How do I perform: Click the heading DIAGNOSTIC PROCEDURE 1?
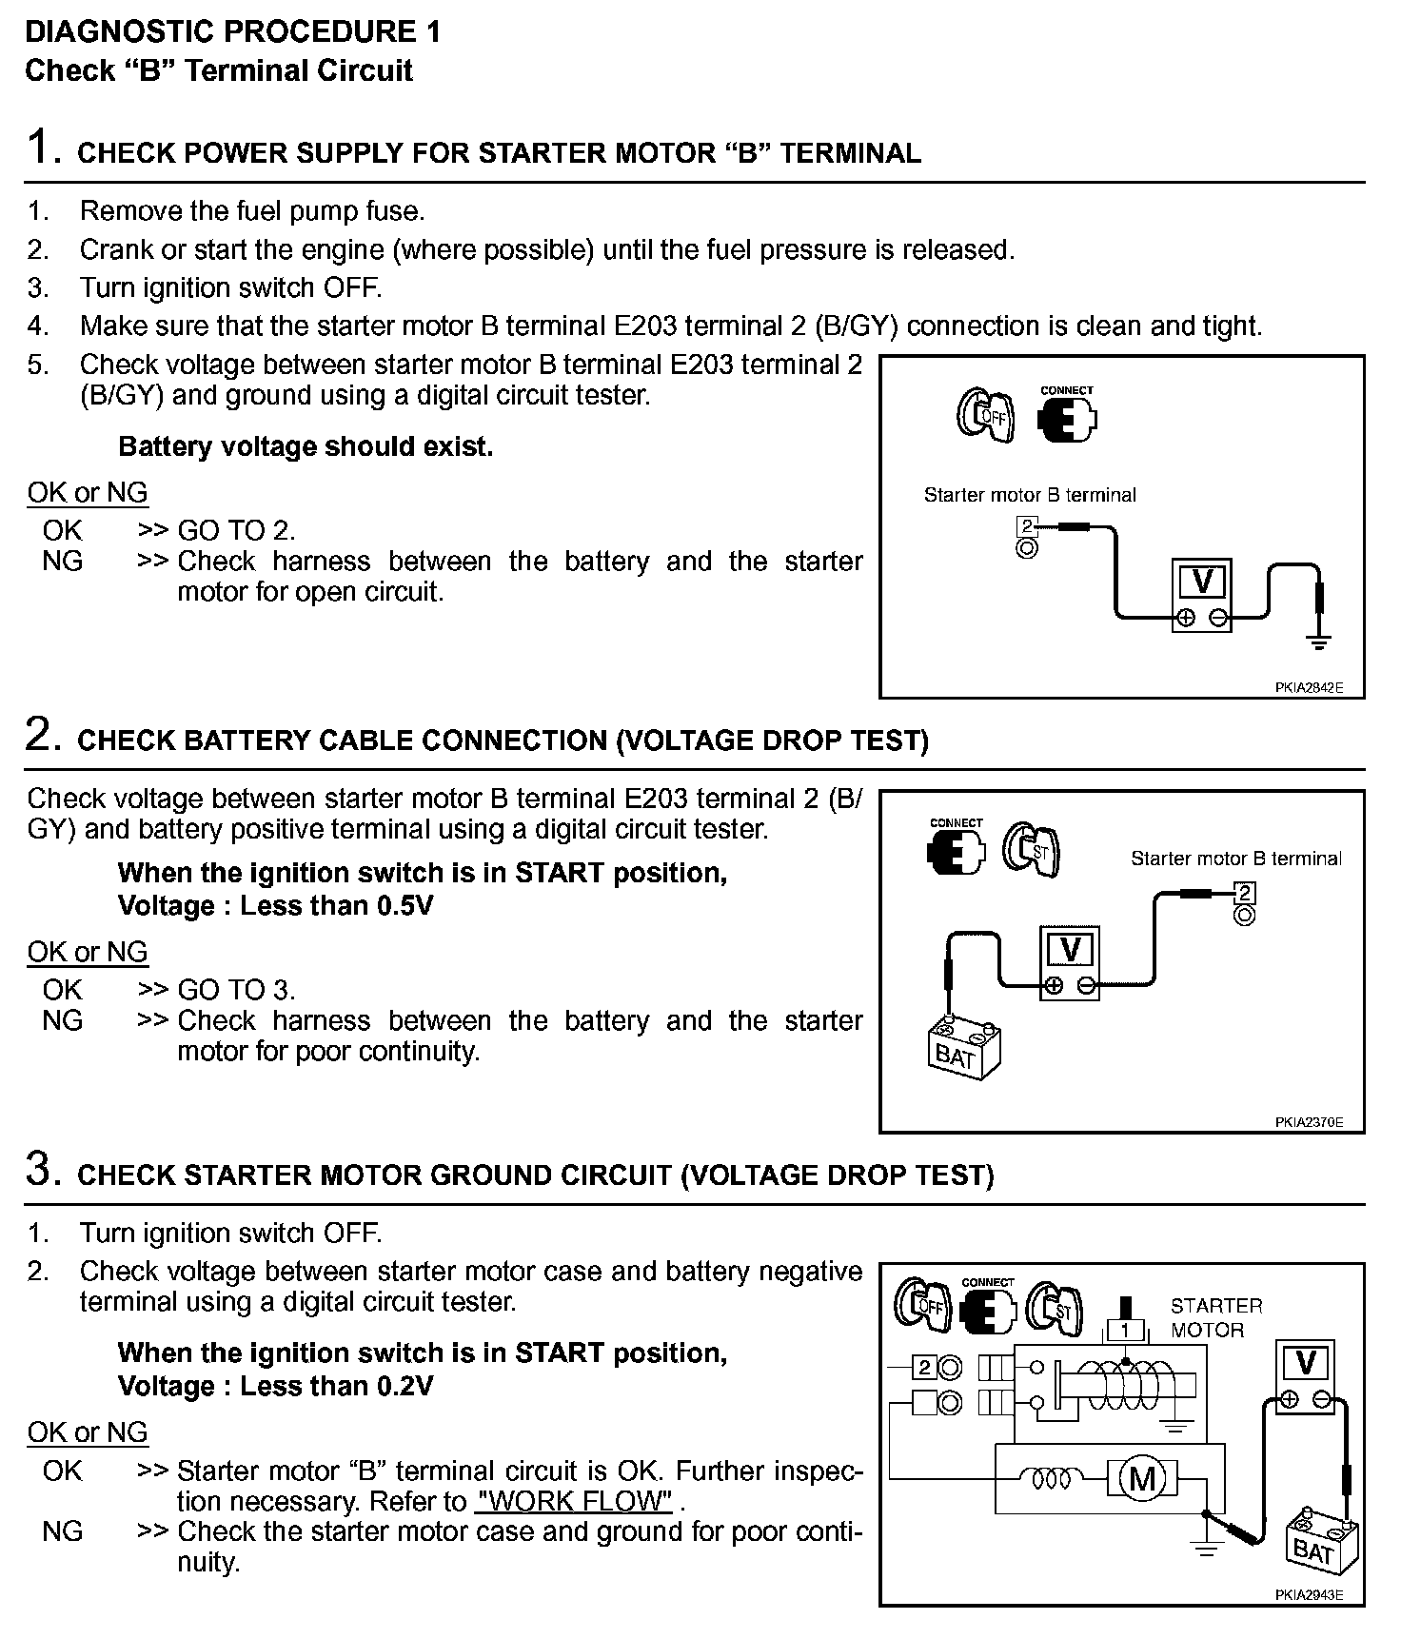232,31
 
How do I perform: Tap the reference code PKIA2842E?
1309,687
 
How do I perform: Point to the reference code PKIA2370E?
1309,1122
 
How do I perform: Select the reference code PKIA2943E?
1309,1595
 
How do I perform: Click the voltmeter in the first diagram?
1201,595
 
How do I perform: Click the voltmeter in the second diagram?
1070,962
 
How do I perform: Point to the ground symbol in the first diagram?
1318,642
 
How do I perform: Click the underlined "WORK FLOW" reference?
574,1501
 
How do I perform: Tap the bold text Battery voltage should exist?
306,446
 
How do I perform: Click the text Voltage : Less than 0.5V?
275,905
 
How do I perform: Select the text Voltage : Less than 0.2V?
275,1386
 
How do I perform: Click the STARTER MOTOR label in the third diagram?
1215,1318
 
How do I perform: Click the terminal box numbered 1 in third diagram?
1125,1330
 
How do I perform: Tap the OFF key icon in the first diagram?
985,416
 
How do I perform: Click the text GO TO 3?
236,990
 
